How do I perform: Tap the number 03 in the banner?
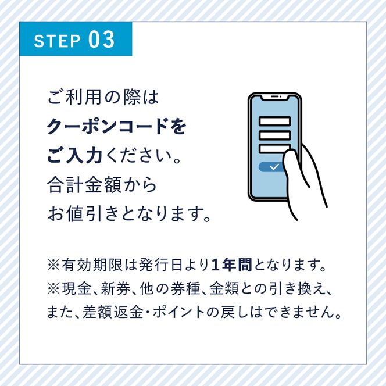pos(102,40)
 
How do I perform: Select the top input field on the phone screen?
pos(274,121)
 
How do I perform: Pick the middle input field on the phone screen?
pos(274,135)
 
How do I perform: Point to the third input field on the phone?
pos(274,149)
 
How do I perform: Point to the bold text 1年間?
pos(231,266)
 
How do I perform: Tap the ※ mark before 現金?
pos(53,289)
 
